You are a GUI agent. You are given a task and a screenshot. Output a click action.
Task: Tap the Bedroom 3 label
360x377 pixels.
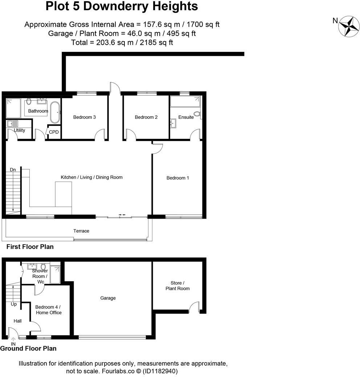85,117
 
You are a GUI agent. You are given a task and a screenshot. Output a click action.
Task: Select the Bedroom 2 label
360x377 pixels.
146,117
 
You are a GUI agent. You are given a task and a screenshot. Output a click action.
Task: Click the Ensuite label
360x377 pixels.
186,117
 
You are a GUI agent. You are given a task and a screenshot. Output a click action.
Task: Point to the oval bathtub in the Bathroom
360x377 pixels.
55,113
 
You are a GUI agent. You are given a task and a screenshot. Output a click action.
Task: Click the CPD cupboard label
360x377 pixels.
54,132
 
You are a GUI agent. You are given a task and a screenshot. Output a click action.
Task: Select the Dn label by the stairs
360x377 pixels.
13,170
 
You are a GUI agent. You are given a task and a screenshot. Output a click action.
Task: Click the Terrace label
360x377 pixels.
81,231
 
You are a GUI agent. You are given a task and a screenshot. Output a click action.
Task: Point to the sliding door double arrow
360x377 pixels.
122,215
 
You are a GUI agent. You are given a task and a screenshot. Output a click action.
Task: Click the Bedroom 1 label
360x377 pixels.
177,178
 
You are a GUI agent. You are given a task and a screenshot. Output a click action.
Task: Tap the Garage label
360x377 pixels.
108,298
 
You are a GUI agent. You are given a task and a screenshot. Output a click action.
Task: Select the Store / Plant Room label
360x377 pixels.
177,286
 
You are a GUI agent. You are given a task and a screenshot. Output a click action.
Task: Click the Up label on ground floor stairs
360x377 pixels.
13,304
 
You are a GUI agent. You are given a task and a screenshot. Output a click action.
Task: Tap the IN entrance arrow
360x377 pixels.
13,340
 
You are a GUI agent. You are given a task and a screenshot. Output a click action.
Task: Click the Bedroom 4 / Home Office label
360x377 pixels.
48,310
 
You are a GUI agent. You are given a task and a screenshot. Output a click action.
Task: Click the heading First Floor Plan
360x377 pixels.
30,247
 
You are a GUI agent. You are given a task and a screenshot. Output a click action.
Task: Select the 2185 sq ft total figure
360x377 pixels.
159,42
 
